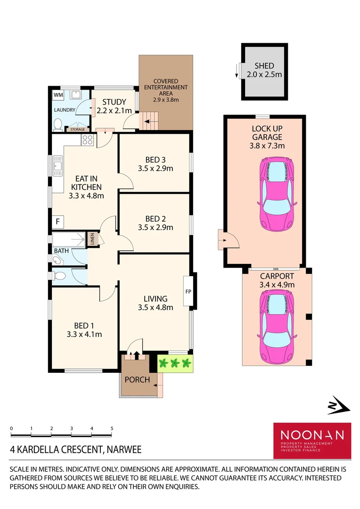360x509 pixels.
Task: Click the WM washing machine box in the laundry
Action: coord(58,95)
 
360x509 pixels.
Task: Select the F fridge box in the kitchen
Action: coord(58,221)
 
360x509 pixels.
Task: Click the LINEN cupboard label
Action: coord(93,239)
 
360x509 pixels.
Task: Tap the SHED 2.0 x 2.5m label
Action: coord(264,70)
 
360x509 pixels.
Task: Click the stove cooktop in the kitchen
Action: coord(88,140)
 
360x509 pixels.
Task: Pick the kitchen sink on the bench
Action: coord(58,166)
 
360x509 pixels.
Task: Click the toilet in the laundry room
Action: coord(57,124)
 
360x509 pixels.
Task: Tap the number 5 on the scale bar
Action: coord(112,428)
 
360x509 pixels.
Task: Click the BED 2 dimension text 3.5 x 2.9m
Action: coord(155,227)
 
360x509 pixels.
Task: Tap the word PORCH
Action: coord(137,379)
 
